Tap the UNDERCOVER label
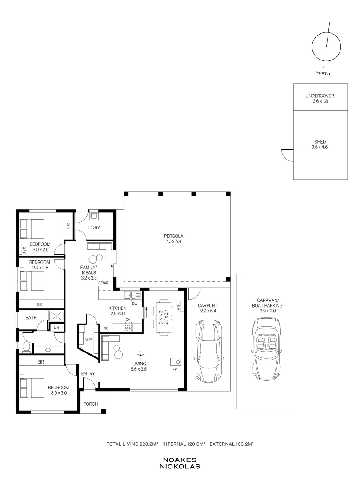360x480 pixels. (320, 96)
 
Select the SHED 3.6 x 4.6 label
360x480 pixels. (320, 144)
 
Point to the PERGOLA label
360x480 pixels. (174, 236)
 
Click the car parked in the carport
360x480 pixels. (208, 351)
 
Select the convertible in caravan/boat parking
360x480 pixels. (266, 349)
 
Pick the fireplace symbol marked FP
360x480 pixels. (176, 361)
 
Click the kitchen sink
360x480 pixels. (132, 295)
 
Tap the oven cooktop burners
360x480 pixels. (128, 328)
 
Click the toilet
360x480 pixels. (26, 347)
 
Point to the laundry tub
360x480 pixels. (94, 216)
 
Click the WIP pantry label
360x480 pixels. (88, 340)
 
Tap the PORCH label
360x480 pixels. (91, 404)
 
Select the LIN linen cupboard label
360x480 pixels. (56, 328)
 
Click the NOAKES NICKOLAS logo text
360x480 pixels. (180, 464)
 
